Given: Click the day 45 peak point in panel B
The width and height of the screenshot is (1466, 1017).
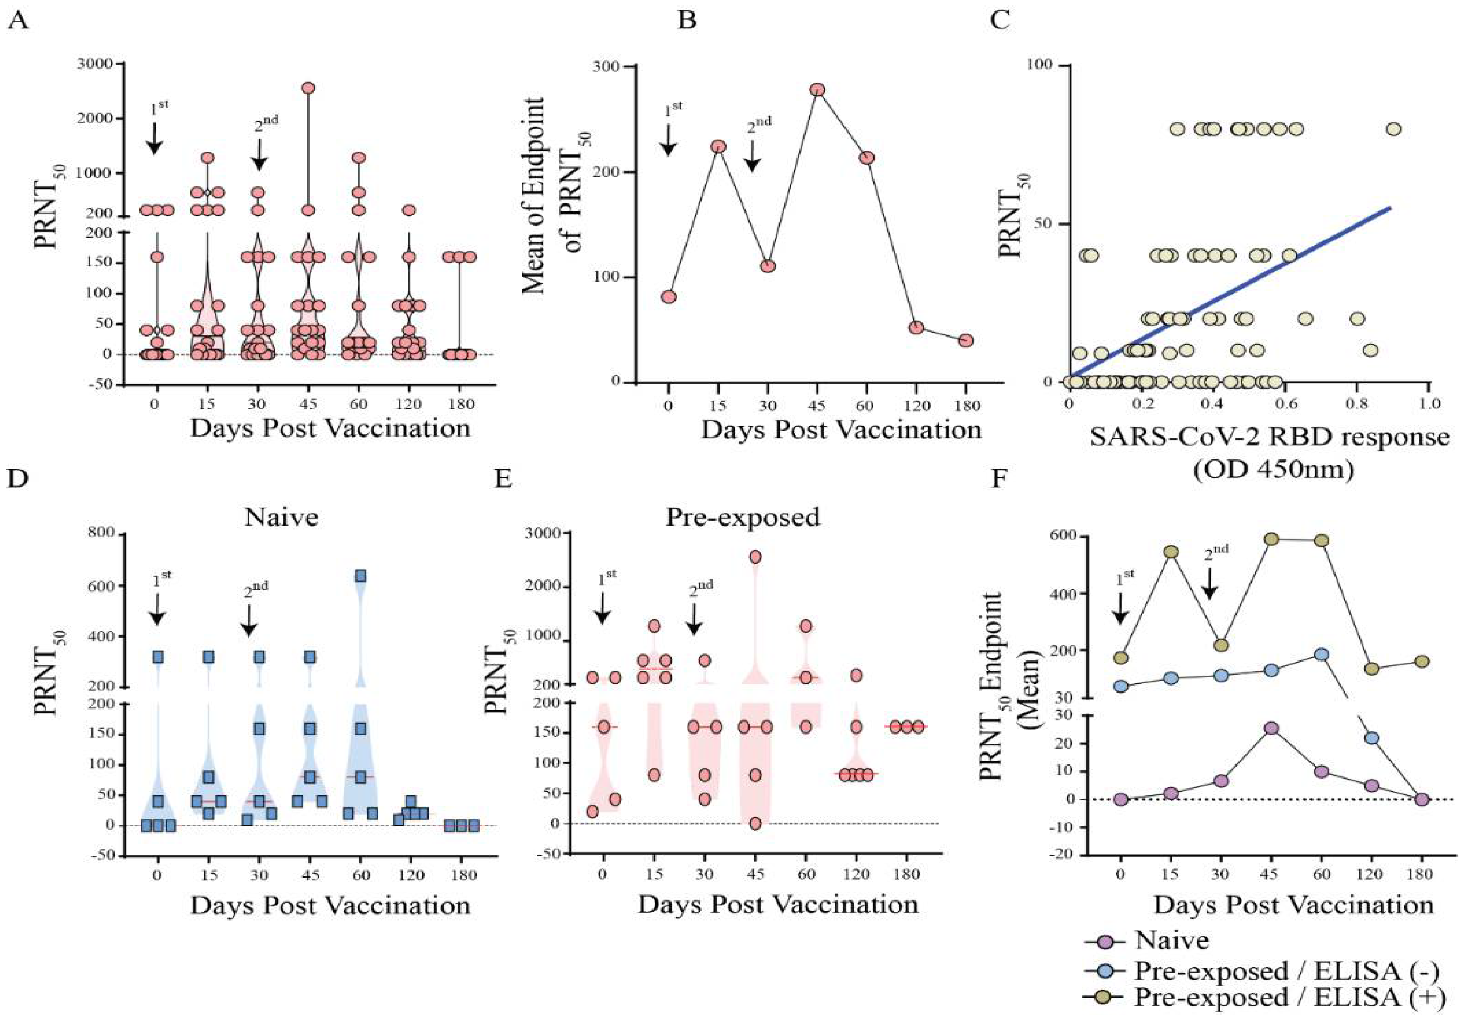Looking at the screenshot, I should pyautogui.click(x=817, y=90).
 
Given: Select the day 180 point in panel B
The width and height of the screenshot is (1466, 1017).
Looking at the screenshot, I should pyautogui.click(x=966, y=340).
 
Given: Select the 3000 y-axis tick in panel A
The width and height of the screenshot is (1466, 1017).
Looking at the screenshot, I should pyautogui.click(x=96, y=64).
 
